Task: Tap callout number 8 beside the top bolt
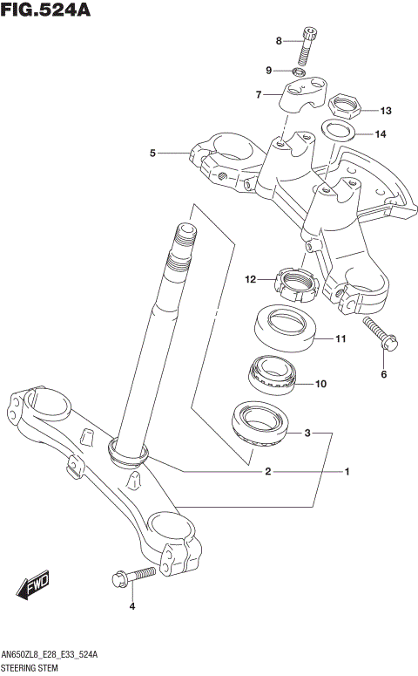279,41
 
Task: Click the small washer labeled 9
300,70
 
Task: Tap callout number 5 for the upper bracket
152,154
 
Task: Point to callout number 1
346,472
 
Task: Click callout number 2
268,472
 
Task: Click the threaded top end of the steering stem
185,240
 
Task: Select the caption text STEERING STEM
33,667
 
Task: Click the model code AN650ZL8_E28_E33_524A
51,654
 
